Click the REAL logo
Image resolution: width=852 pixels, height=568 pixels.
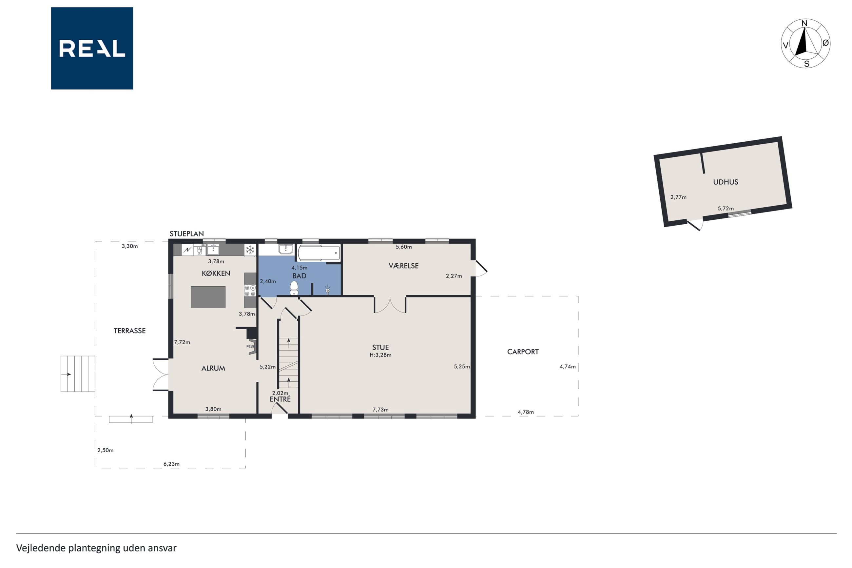tap(92, 48)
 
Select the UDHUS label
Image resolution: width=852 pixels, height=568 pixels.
tap(725, 182)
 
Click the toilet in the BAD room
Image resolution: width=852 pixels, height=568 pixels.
tap(294, 288)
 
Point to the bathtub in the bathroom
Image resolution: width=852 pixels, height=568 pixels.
tap(319, 253)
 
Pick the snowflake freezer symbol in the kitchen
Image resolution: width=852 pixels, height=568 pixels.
tap(250, 250)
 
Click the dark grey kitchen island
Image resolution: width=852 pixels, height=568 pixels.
tap(208, 297)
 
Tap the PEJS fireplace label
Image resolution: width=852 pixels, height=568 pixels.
tap(250, 346)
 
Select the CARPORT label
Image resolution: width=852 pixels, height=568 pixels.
tap(523, 352)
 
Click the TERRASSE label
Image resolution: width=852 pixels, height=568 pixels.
tap(129, 331)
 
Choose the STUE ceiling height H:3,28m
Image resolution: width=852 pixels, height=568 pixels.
tap(380, 355)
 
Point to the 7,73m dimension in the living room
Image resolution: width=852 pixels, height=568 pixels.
tap(380, 410)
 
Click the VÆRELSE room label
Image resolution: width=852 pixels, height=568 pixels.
tap(404, 266)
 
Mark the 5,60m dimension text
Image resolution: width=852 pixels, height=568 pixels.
tap(404, 247)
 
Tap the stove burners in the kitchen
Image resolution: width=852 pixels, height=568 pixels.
tap(250, 290)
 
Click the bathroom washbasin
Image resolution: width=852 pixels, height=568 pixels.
tap(285, 249)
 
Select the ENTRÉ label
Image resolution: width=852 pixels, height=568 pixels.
tap(280, 399)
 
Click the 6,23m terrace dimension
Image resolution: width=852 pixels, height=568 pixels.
tap(172, 464)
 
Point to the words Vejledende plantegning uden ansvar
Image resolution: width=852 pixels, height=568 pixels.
tap(96, 548)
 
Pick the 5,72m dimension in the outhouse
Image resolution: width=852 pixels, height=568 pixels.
tap(726, 209)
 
